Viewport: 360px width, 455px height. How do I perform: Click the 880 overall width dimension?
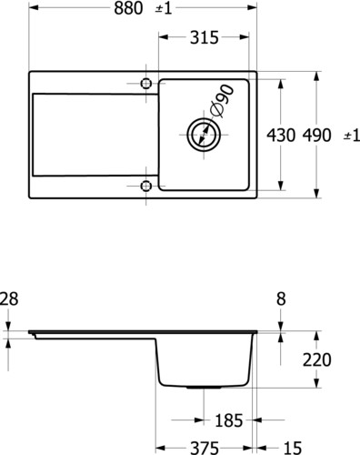pos(128,8)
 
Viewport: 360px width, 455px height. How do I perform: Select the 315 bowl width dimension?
pos(205,37)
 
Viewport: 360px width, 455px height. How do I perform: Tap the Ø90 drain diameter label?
pos(223,101)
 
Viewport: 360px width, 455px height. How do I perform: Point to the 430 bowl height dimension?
pos(281,135)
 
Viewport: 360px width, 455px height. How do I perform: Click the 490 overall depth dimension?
pos(317,135)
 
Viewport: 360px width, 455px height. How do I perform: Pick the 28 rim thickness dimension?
pos(9,298)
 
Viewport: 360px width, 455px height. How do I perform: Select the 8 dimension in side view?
pos(281,298)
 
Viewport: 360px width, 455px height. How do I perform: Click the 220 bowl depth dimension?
pos(317,360)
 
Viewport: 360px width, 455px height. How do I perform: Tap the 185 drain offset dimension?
pos(229,420)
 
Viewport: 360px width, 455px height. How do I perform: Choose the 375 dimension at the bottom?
pos(205,448)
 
